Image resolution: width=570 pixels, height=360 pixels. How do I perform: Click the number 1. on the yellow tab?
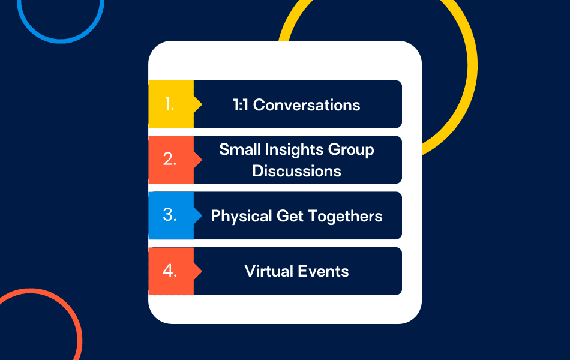[170, 104]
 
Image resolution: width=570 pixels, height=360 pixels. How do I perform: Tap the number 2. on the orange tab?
[170, 159]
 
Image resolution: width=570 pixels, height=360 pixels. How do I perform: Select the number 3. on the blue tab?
[170, 215]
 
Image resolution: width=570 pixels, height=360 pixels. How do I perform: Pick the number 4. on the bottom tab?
[170, 271]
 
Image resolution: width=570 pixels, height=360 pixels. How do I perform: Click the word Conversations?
[307, 105]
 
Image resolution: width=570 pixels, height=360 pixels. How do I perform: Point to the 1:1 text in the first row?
[240, 105]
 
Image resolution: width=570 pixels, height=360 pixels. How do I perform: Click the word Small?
[240, 149]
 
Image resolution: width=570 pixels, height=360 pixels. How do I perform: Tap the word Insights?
[294, 150]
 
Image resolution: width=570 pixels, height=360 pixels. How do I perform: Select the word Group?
[351, 150]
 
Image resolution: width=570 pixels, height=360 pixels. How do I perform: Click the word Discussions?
[296, 171]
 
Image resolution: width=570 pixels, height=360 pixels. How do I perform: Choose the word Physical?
[241, 217]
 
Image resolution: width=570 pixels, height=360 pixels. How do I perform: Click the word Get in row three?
[290, 217]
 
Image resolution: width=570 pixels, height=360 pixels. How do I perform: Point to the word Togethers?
[345, 217]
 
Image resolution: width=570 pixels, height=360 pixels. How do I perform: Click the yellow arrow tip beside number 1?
[202, 104]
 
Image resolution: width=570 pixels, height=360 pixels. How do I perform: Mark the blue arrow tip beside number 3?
[202, 215]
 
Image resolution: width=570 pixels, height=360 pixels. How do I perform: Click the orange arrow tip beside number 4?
[202, 271]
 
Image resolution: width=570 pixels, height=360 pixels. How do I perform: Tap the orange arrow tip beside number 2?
[202, 160]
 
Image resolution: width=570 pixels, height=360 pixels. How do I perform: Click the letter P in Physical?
[215, 216]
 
